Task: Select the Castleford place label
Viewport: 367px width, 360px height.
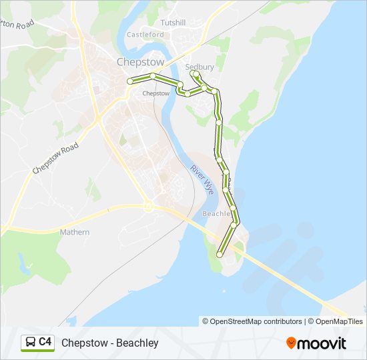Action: (145, 34)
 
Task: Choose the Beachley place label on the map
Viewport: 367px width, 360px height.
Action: (218, 214)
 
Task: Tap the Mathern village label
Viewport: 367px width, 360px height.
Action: (74, 232)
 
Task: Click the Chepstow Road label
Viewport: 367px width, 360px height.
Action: (55, 158)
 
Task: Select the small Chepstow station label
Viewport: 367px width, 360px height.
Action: (156, 93)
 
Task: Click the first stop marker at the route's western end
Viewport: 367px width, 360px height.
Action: (131, 81)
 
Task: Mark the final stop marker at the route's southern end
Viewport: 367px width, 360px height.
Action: (220, 254)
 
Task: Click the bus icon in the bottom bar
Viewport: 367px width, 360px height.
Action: (30, 343)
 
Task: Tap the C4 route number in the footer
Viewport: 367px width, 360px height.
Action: (45, 342)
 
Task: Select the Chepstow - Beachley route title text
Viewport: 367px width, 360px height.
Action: (110, 343)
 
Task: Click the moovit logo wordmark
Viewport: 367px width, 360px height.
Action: (322, 343)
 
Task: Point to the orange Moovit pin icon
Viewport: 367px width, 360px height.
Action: (291, 343)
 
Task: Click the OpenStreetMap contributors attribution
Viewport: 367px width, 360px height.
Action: (256, 321)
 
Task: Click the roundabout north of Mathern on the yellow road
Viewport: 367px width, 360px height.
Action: (149, 207)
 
